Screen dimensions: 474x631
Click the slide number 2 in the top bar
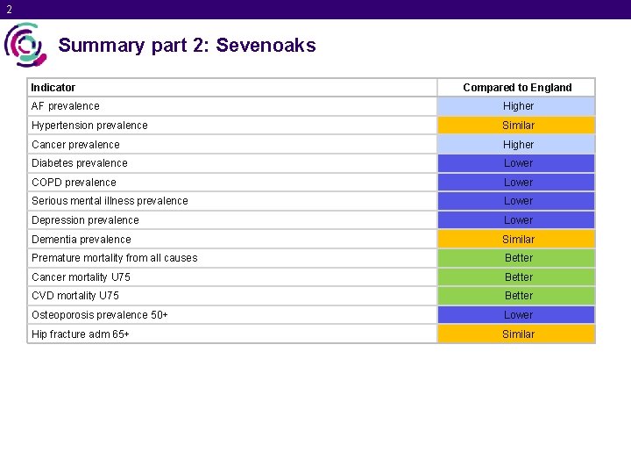[9, 10]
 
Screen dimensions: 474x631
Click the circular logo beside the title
[25, 45]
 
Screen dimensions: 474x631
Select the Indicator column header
[53, 87]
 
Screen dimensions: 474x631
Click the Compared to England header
[517, 87]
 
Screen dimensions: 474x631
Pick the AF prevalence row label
[66, 106]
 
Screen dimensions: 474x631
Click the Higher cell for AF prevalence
[517, 106]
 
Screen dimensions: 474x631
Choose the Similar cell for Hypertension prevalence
[517, 126]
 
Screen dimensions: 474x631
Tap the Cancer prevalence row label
[75, 145]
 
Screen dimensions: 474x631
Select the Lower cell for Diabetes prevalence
[517, 163]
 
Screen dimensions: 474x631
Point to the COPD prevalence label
[74, 183]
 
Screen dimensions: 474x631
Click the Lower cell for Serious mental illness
[517, 201]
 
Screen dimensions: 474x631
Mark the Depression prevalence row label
[85, 220]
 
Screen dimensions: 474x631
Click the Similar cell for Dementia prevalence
[517, 240]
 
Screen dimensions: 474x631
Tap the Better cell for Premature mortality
[517, 258]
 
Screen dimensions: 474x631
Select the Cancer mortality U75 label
[81, 277]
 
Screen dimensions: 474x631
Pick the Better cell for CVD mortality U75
[517, 296]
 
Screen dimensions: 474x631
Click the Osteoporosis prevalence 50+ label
[100, 315]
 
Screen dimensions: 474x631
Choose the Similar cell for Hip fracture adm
[517, 334]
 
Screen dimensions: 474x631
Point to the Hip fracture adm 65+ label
[81, 334]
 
